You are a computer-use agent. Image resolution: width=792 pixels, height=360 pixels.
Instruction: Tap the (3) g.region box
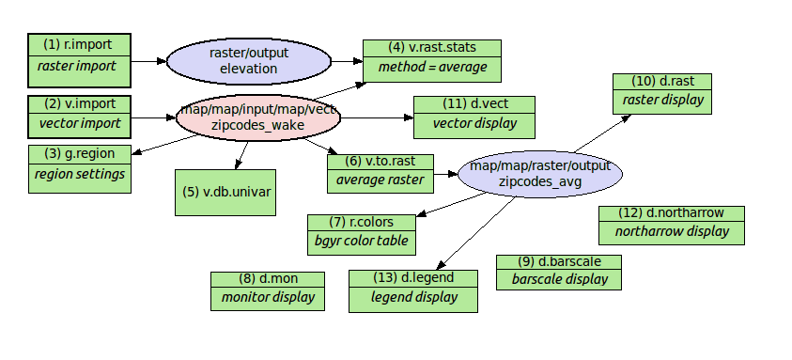point(79,164)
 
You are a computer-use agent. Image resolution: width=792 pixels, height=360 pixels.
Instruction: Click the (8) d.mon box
point(268,290)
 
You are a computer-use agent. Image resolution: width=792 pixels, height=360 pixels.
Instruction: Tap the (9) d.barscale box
point(559,271)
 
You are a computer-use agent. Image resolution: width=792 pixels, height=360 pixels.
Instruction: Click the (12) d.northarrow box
point(672,224)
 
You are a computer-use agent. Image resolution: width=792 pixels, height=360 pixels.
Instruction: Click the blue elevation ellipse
point(249,61)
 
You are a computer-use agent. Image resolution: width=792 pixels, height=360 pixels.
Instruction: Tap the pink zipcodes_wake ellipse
point(257,117)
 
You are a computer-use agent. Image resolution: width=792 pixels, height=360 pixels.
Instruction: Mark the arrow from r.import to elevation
point(148,61)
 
